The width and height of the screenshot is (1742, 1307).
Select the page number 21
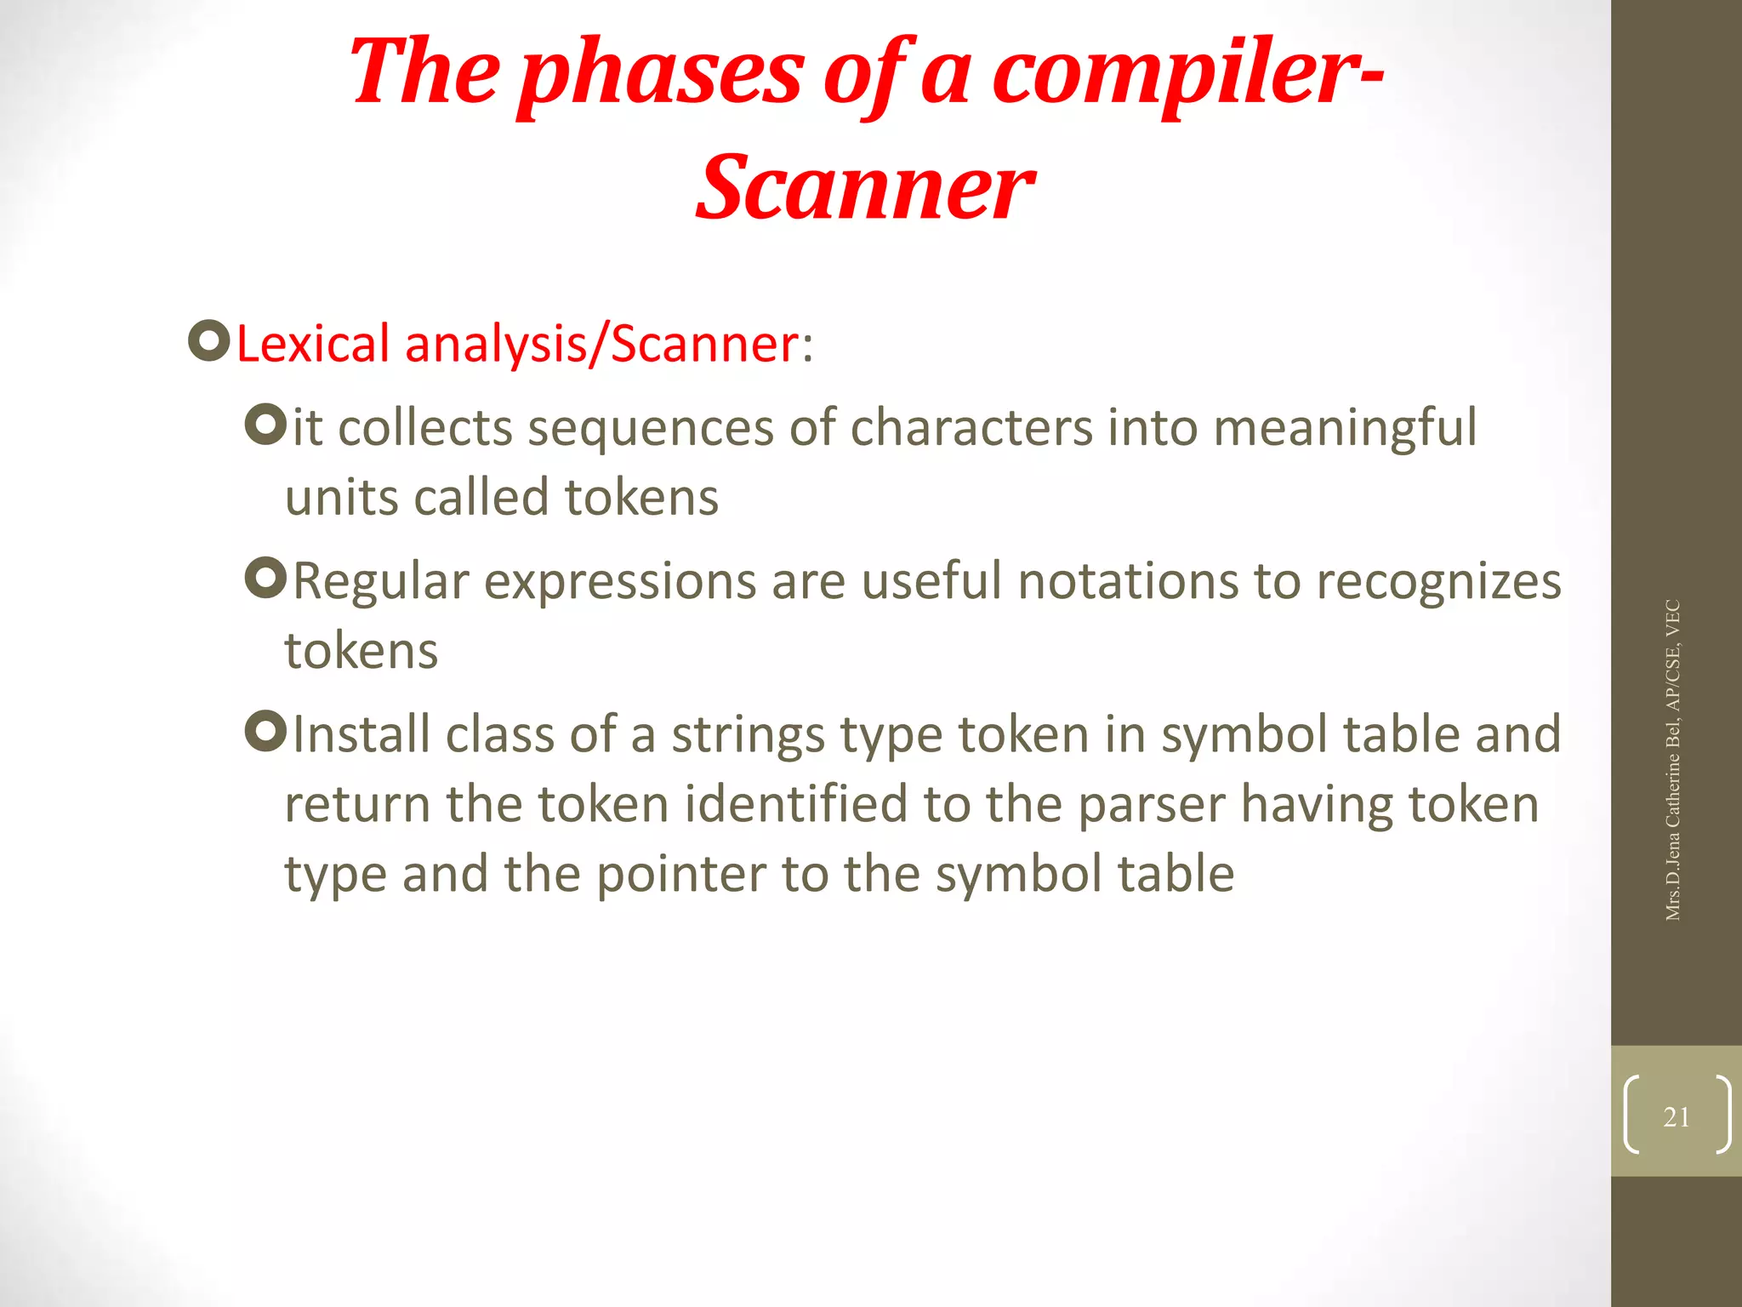tap(1676, 1116)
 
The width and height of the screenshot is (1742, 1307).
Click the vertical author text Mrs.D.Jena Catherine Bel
tap(1672, 808)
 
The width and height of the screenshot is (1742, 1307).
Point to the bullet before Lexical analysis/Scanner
tap(208, 341)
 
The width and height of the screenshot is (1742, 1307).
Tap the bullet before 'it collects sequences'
tap(265, 424)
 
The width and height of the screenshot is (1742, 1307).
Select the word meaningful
tap(1345, 428)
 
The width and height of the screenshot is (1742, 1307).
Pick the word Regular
tap(380, 582)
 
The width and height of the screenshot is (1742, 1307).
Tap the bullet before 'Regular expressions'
tap(265, 578)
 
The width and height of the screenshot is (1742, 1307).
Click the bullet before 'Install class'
tap(265, 731)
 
